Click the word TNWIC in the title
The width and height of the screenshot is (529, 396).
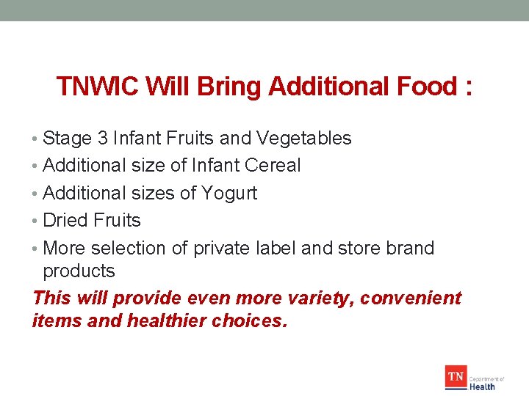tap(98, 87)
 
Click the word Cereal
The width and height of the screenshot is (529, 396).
tap(273, 166)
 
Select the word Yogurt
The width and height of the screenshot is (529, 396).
tap(229, 193)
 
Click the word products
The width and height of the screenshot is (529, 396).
tap(79, 271)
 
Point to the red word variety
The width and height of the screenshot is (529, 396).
tap(312, 298)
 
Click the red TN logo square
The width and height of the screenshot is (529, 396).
tap(456, 378)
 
